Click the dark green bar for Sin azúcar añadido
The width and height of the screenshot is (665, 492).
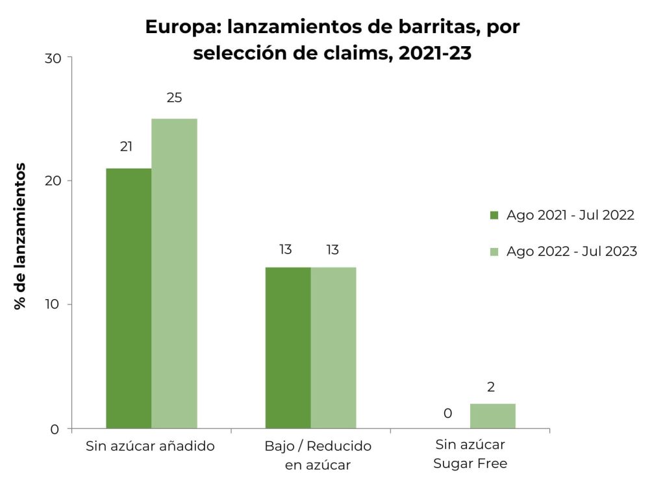point(129,299)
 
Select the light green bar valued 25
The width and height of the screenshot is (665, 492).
point(174,273)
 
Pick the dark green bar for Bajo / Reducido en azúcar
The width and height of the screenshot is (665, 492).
point(288,348)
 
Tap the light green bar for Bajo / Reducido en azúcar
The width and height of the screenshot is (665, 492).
point(333,348)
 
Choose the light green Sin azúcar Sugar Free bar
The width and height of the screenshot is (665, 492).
point(492,416)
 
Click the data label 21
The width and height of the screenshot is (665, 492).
point(126,147)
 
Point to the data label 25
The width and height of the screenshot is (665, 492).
point(174,98)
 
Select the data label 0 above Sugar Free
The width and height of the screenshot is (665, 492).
point(447,413)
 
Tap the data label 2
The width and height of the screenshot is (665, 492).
point(491,387)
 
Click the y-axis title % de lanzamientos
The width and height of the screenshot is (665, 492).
point(21,236)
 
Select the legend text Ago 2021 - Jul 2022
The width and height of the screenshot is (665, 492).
point(570,215)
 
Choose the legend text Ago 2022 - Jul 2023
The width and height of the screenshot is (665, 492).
point(571,251)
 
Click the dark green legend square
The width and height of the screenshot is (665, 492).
point(494,215)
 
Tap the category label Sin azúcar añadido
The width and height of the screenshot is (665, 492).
point(150,447)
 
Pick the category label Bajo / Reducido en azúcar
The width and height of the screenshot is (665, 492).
point(318,456)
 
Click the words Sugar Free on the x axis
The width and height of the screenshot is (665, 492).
point(470,463)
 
